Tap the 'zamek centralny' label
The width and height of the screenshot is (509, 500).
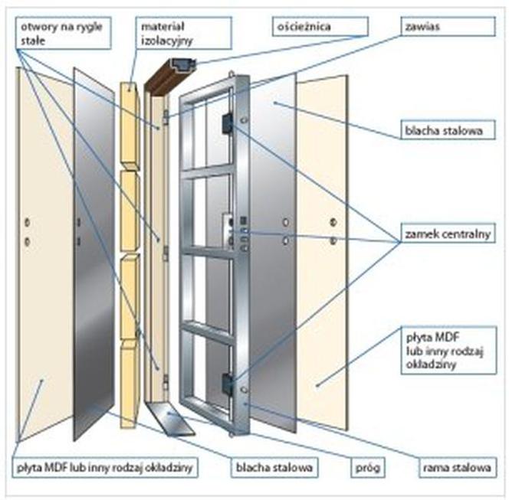pos(448,233)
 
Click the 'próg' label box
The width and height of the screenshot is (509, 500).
pos(368,467)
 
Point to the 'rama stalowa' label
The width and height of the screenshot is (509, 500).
pos(458,467)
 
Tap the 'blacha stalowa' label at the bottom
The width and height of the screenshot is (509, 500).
pos(274,467)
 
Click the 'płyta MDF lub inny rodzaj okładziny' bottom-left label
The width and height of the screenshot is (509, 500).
pos(105,467)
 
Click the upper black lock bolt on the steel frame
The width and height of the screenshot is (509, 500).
pos(227,123)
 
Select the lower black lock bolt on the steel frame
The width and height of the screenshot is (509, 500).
pos(227,384)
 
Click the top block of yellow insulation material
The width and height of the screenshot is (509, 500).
pos(130,124)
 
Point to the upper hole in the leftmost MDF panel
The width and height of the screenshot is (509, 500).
pos(28,222)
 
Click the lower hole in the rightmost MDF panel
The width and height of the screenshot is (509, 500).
pos(333,240)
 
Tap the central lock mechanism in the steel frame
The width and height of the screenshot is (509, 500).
pos(228,230)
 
